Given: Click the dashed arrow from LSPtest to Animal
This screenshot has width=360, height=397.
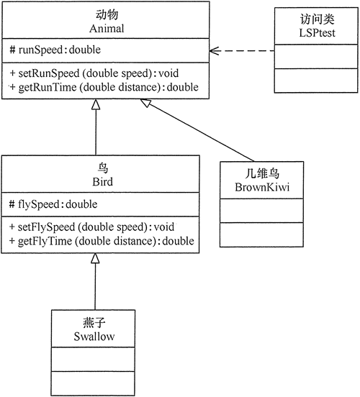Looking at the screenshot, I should click(x=245, y=51).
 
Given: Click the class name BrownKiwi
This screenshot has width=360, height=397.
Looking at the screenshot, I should click(x=255, y=188).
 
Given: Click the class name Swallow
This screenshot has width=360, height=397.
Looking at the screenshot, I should click(x=94, y=336).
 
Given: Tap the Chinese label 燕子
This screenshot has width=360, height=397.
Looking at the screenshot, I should click(x=94, y=323).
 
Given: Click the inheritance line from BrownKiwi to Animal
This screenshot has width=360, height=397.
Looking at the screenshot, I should click(x=202, y=131).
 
